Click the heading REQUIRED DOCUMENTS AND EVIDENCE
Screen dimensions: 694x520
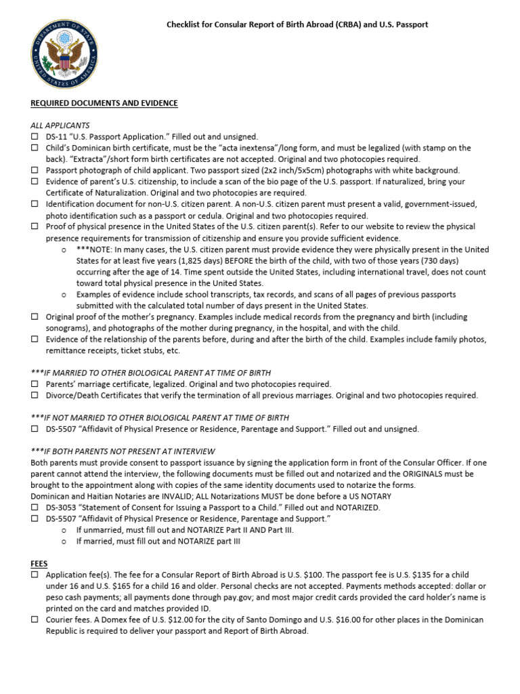[x=104, y=103]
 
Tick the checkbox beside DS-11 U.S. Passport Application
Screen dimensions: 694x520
[x=35, y=137]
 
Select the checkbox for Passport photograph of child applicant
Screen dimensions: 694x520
[x=35, y=171]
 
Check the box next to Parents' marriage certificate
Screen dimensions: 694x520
[x=35, y=384]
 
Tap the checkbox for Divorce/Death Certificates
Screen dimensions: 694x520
[x=35, y=396]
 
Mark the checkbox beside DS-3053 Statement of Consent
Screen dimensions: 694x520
[x=35, y=508]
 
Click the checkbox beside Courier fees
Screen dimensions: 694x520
[x=35, y=619]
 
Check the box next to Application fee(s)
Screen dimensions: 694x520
[x=35, y=575]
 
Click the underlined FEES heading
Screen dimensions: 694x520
[x=39, y=563]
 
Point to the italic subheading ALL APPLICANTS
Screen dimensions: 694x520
[x=60, y=125]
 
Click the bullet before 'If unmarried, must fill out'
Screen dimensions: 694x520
[x=63, y=530]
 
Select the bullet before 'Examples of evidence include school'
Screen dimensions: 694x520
[x=63, y=295]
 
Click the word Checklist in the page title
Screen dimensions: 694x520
[x=185, y=24]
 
